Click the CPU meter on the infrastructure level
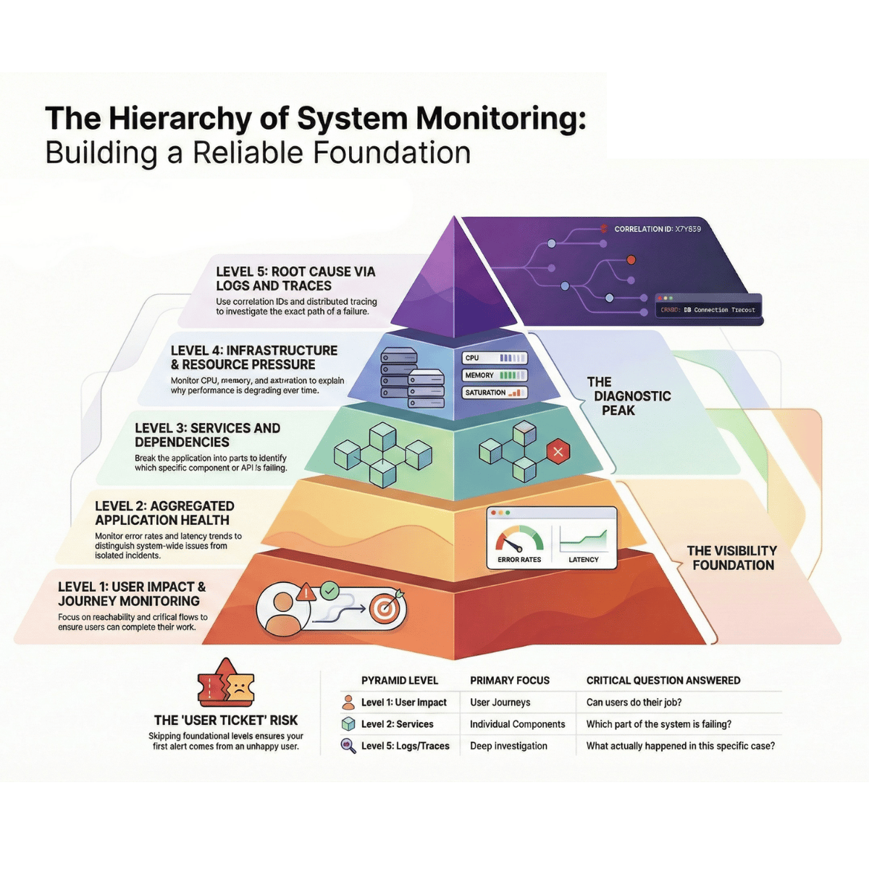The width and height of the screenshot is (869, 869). (x=495, y=358)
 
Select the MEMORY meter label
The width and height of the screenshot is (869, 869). (x=479, y=375)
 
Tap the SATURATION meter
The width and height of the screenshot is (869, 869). (x=495, y=392)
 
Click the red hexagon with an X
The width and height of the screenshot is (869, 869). (x=558, y=453)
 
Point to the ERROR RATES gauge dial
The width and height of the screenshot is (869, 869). (x=519, y=540)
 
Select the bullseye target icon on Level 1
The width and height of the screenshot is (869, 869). (x=385, y=608)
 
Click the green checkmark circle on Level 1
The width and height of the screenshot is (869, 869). (x=329, y=591)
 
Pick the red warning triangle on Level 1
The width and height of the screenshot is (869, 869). (x=307, y=592)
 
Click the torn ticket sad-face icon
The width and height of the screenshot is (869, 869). (x=226, y=684)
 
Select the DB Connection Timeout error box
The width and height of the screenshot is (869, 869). (x=708, y=309)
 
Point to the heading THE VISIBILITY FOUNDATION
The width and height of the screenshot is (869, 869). (x=732, y=558)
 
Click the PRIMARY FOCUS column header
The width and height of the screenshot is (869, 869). (x=510, y=681)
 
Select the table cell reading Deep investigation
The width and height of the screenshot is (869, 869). (x=508, y=746)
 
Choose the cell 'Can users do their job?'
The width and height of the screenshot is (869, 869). (x=634, y=702)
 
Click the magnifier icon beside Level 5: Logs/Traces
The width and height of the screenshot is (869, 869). (x=348, y=746)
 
